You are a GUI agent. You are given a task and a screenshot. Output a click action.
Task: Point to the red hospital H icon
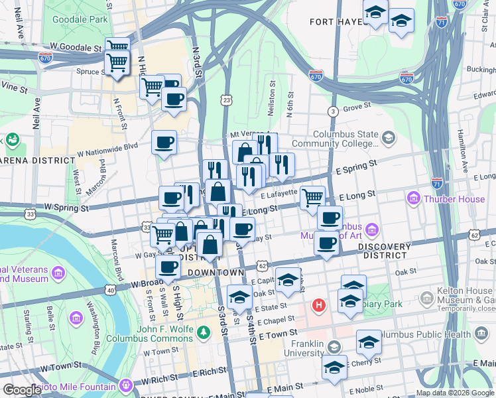320,306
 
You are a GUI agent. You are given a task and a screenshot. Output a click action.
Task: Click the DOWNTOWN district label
216,273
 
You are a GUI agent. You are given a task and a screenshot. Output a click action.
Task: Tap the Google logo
23,390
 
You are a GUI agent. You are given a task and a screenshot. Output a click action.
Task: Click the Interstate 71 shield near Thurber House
437,182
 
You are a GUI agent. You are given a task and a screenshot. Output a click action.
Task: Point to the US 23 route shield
227,99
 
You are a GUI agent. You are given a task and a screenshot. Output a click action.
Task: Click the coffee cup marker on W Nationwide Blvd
164,141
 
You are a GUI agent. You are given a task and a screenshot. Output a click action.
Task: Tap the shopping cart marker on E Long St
312,196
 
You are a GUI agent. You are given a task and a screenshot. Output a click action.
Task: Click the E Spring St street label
358,163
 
